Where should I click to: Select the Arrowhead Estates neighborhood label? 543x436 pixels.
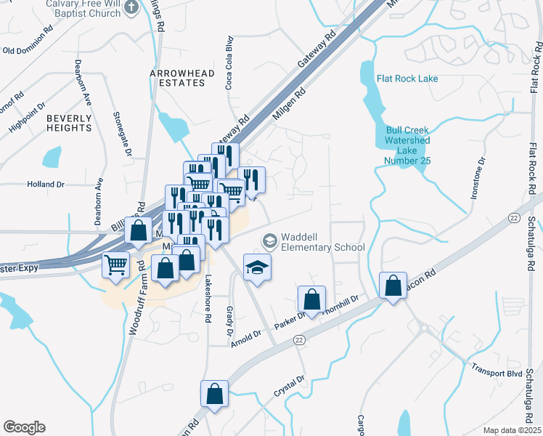[x=178, y=78]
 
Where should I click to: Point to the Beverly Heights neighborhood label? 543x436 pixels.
[x=69, y=123]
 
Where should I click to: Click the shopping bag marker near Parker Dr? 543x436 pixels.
[x=311, y=300]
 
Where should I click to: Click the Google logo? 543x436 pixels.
[x=24, y=427]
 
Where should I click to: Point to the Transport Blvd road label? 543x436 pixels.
[x=497, y=370]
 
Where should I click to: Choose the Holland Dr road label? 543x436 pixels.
[x=46, y=185]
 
